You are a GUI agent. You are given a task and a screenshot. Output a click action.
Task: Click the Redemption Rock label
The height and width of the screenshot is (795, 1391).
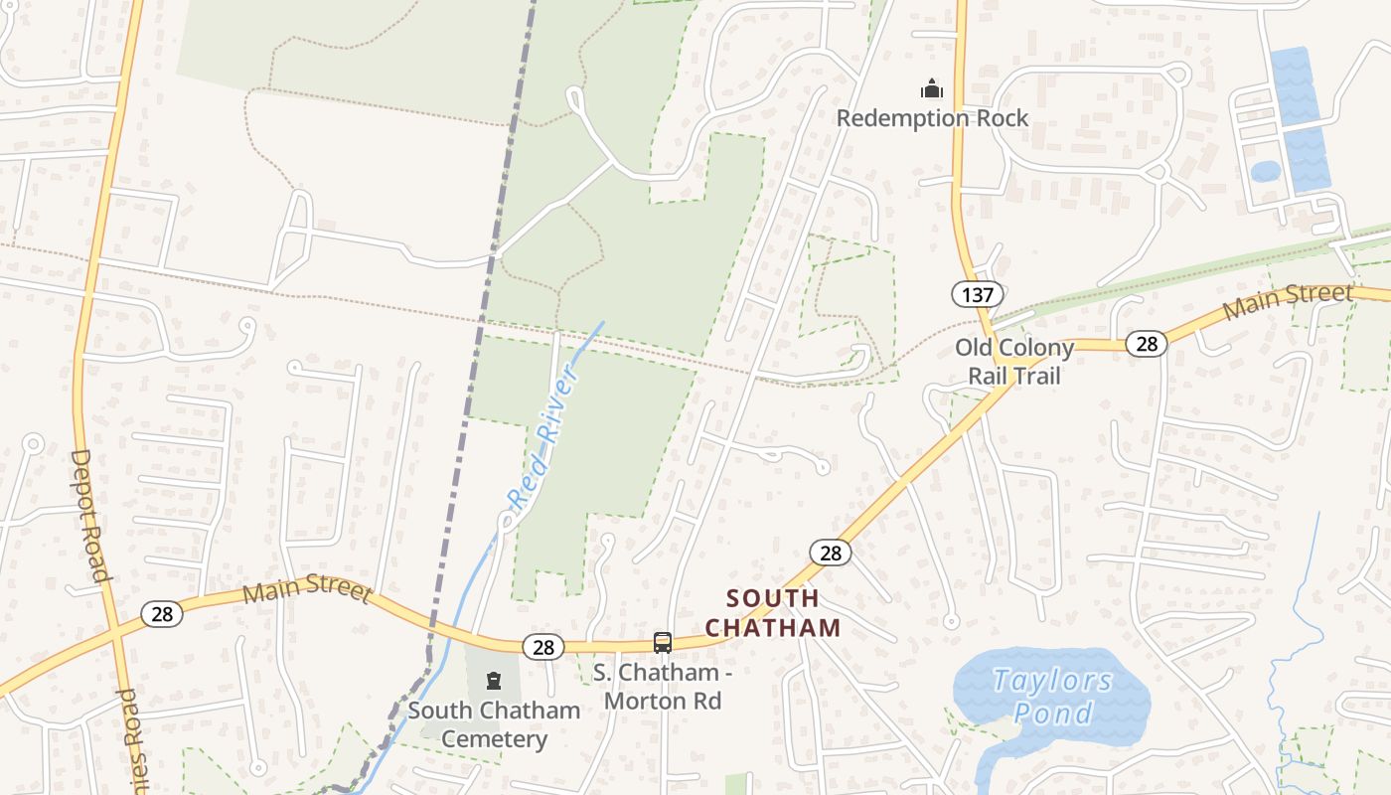(932, 118)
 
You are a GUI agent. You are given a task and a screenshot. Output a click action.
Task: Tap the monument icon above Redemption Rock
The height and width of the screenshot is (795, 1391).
(931, 90)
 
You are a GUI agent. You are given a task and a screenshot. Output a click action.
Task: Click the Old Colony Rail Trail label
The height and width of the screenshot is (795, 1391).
(1014, 362)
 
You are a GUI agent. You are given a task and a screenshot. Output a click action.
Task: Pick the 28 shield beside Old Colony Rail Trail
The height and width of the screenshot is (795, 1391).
(1147, 344)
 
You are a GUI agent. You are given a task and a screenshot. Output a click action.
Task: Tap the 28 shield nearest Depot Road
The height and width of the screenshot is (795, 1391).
(162, 614)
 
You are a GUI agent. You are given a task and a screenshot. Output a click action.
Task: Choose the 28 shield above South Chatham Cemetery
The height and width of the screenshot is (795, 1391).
(542, 648)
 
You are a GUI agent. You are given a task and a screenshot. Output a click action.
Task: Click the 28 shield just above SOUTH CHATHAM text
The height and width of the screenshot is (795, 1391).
(830, 553)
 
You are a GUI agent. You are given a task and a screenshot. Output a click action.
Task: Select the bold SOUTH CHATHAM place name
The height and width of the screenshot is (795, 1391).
(773, 613)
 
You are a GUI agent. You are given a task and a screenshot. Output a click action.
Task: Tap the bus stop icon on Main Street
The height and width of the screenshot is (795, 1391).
(663, 643)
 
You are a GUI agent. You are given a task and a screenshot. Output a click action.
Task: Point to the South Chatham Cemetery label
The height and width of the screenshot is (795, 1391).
(494, 724)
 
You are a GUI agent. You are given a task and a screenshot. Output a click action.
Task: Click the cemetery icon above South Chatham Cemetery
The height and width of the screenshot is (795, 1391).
(493, 681)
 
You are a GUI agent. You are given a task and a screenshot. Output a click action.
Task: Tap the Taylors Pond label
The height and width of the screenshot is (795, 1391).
(1052, 697)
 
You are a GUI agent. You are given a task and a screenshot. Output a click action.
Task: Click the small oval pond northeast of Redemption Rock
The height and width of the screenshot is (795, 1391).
(1265, 172)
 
